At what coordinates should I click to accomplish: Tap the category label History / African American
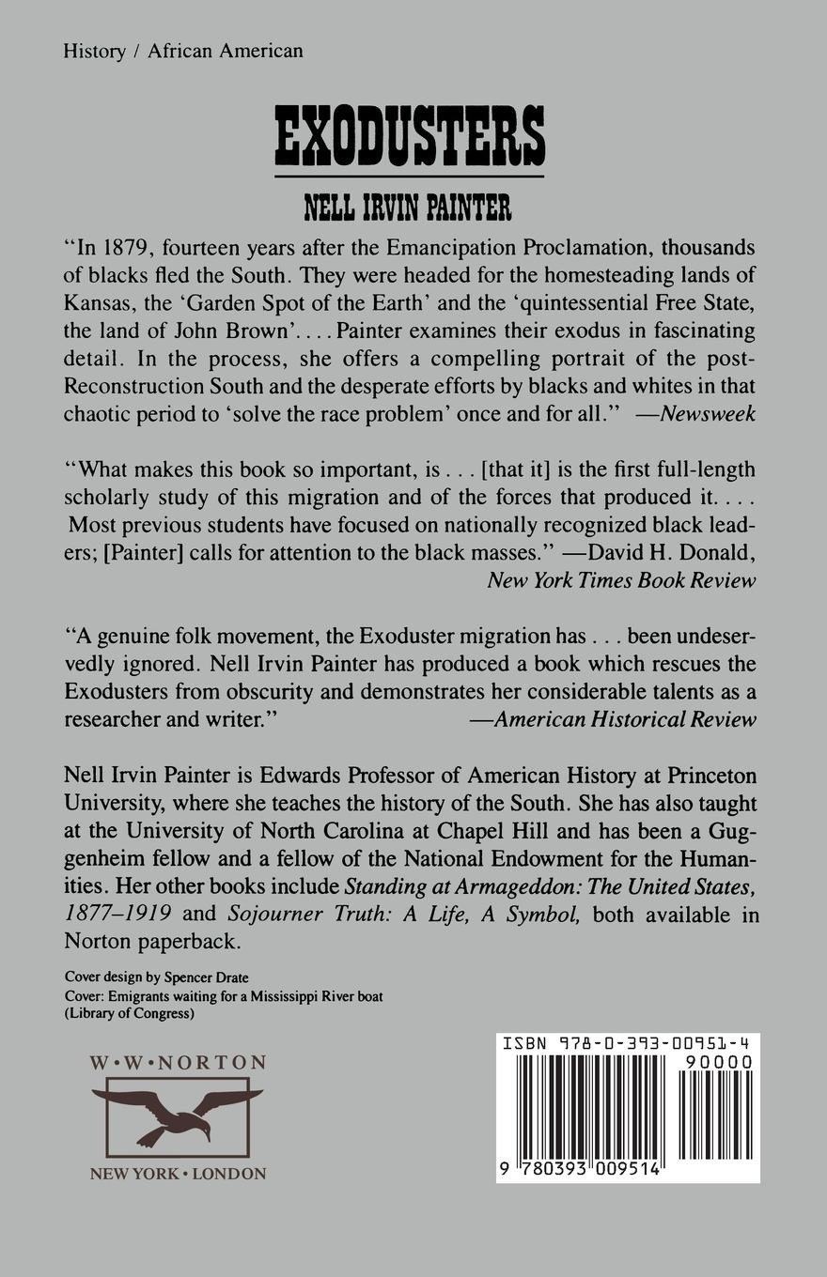183,52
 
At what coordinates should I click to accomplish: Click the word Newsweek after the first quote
708,414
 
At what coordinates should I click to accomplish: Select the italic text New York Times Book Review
621,580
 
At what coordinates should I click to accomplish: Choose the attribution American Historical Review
625,719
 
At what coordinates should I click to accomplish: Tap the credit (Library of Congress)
130,1013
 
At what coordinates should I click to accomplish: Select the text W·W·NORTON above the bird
178,1063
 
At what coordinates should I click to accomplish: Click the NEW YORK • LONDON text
178,1174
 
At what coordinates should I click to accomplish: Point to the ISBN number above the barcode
627,1043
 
